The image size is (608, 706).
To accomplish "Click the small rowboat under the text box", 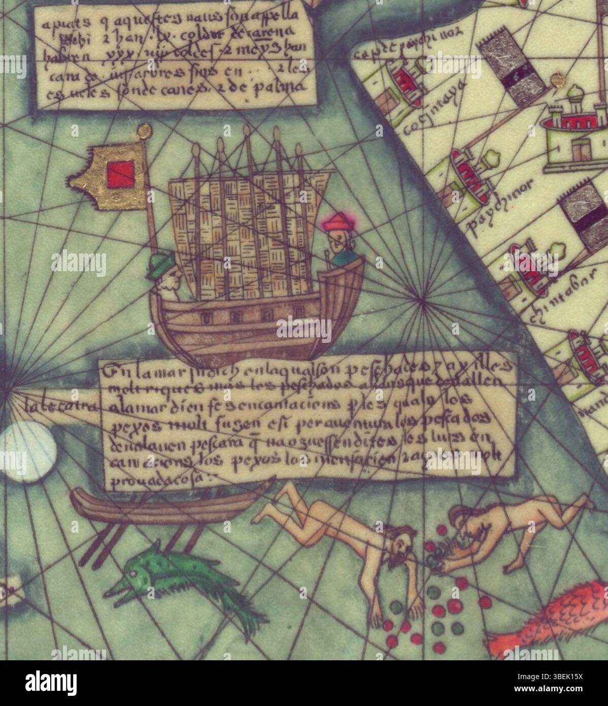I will pyautogui.click(x=167, y=501).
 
